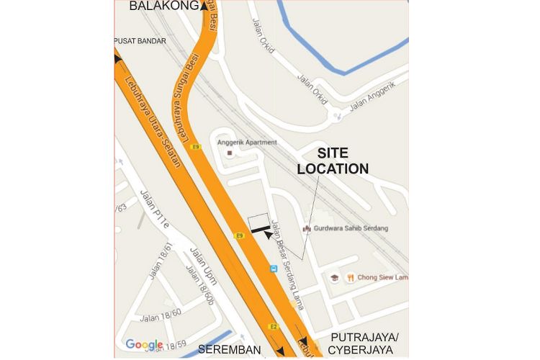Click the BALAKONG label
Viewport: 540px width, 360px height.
(x=164, y=6)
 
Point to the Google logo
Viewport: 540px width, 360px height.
(x=144, y=345)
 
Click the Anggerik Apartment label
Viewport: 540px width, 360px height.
(x=247, y=143)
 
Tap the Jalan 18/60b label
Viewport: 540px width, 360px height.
(x=199, y=285)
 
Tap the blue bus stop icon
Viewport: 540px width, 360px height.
(x=274, y=269)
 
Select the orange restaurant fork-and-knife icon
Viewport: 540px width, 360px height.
(x=350, y=277)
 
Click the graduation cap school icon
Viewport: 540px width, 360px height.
(x=335, y=277)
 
